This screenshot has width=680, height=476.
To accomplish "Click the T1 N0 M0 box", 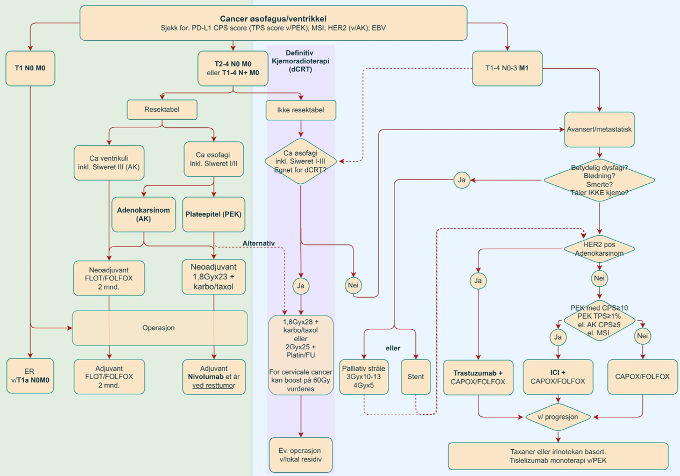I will tap(30, 68).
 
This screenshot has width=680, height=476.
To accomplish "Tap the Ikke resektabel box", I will tap(301, 110).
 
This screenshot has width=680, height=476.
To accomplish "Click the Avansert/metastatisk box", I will tap(599, 129).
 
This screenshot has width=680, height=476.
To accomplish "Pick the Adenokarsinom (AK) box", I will tap(143, 214).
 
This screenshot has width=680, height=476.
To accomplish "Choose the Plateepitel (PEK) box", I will tap(214, 214).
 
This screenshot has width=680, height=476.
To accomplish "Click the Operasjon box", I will tap(160, 328).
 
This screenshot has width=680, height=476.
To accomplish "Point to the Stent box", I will tap(415, 377).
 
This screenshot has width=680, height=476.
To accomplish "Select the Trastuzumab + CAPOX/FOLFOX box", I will tap(478, 377).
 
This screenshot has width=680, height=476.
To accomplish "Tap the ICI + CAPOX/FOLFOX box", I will tap(558, 377).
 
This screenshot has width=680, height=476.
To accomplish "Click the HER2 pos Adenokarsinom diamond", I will tap(599, 248).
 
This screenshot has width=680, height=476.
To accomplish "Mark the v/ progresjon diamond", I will tap(558, 417).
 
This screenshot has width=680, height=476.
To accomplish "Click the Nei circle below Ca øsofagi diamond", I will tap(353, 286).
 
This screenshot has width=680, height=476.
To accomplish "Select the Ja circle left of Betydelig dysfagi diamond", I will tap(462, 180).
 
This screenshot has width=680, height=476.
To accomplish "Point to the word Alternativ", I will tap(258, 243).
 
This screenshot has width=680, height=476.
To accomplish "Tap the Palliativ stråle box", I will tap(364, 377).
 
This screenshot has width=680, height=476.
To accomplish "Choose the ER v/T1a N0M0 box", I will tap(30, 376).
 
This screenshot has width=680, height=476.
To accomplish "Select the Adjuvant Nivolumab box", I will tap(214, 377).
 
